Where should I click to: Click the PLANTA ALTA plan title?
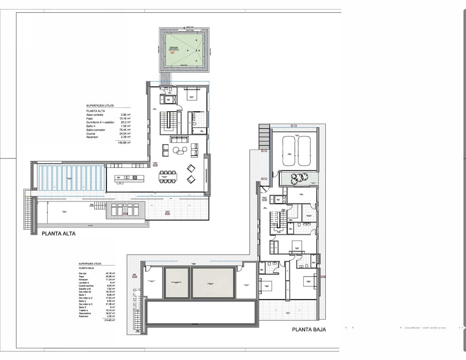[58, 233]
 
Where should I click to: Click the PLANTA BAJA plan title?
[308, 330]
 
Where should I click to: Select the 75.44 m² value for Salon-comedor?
[125, 129]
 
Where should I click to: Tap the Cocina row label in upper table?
[91, 134]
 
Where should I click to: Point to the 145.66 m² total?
[124, 142]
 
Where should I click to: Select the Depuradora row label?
[87, 313]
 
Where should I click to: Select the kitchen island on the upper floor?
[127, 178]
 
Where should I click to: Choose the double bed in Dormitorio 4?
[193, 94]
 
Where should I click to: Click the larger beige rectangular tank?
[213, 283]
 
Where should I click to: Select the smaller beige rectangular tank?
[177, 283]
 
